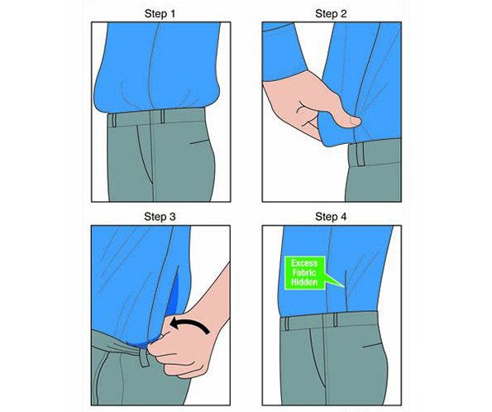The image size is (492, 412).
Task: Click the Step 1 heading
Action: click(x=160, y=14)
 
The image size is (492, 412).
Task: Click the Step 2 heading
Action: click(x=331, y=14)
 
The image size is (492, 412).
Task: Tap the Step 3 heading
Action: click(x=160, y=217)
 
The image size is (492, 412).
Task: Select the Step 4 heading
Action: click(x=331, y=217)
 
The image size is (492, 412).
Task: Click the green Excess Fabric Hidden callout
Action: click(x=305, y=272)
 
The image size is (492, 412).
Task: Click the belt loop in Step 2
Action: click(x=361, y=154)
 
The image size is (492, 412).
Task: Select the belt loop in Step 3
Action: click(x=145, y=357)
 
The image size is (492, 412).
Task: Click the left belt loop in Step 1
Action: click(x=114, y=120)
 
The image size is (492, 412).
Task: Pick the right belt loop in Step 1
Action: click(x=163, y=116)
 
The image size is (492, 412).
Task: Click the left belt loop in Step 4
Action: click(x=287, y=323)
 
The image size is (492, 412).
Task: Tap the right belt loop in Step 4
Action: click(x=336, y=319)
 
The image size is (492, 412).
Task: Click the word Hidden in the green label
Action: click(x=304, y=282)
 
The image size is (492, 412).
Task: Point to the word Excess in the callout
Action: click(x=304, y=263)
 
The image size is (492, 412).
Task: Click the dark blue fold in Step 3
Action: click(x=173, y=294)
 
